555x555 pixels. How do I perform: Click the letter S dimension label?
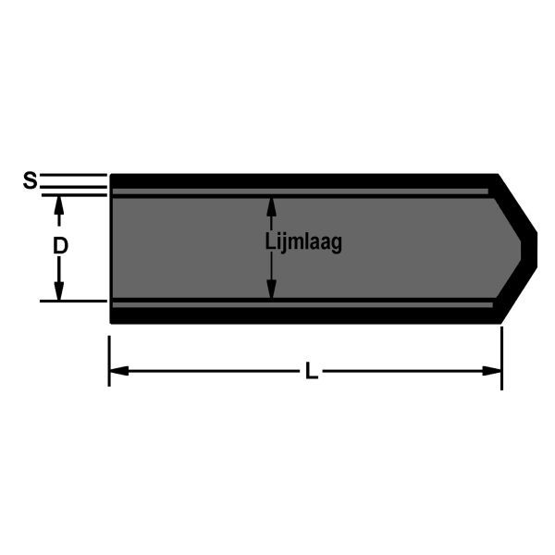(30, 180)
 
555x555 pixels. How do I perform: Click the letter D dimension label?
(59, 247)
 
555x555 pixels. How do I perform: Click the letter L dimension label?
(312, 372)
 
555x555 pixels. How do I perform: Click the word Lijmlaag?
(303, 243)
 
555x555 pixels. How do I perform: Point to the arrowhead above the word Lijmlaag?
(271, 204)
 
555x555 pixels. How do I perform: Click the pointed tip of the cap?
(535, 247)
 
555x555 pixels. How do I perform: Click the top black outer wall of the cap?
(305, 180)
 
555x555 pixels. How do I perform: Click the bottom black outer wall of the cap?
(305, 315)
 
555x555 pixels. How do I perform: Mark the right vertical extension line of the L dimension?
(501, 356)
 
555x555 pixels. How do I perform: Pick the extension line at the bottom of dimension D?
(74, 301)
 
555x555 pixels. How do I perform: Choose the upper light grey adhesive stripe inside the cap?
(305, 192)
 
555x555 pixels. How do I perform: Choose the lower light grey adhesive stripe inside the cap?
(305, 302)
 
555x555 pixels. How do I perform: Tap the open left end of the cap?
(112, 247)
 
